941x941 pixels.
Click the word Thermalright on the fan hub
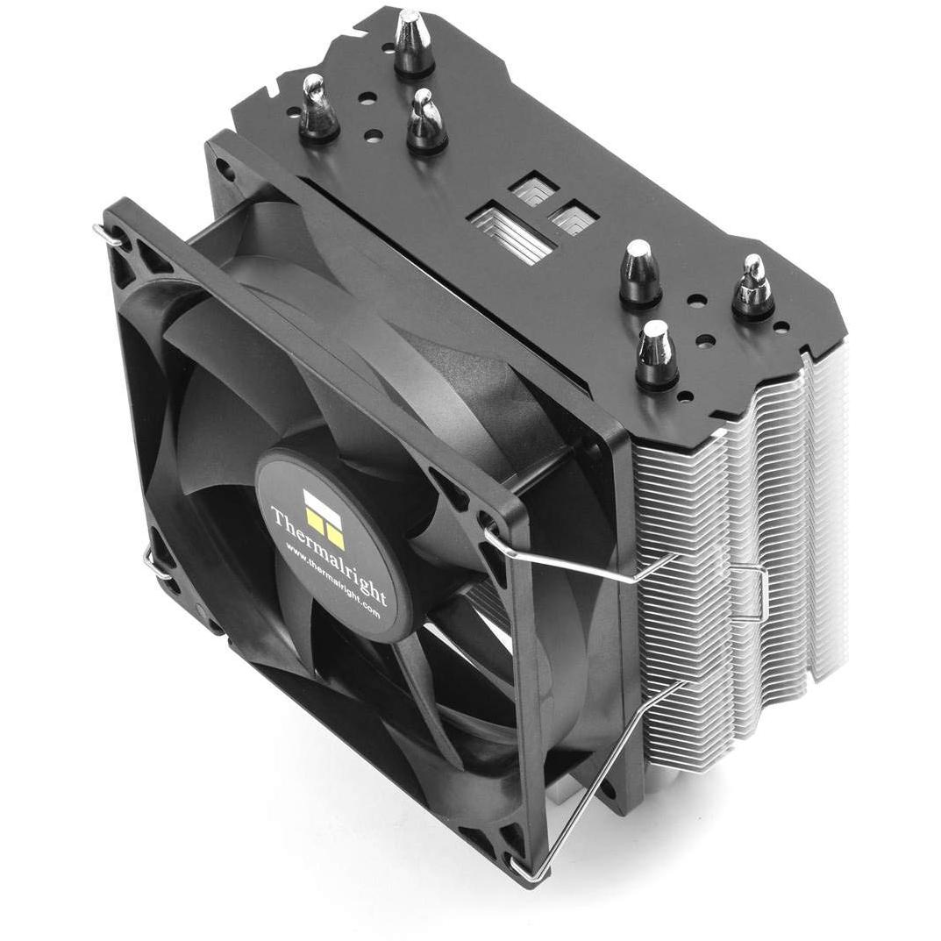coord(329,555)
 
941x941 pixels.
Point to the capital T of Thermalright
coord(280,517)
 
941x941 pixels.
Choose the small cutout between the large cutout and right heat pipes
coord(573,218)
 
